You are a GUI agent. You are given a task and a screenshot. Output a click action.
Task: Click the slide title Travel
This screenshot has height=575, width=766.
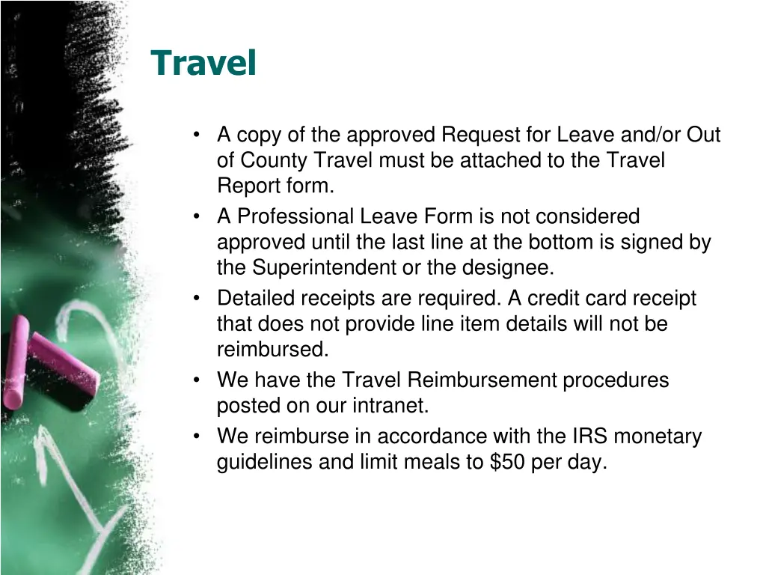(203, 63)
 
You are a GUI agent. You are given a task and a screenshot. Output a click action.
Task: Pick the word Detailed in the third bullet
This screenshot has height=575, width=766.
(257, 298)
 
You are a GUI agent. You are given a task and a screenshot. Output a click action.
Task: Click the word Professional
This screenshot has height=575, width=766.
(296, 216)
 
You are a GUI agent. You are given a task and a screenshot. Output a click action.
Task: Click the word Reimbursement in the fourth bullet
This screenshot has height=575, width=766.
(482, 380)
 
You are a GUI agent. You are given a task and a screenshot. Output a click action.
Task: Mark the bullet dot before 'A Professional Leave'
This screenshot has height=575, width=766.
(197, 217)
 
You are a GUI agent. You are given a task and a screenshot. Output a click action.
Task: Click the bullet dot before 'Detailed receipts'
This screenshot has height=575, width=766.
(197, 299)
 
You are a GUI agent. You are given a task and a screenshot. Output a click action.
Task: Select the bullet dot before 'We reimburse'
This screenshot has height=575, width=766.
(197, 436)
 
